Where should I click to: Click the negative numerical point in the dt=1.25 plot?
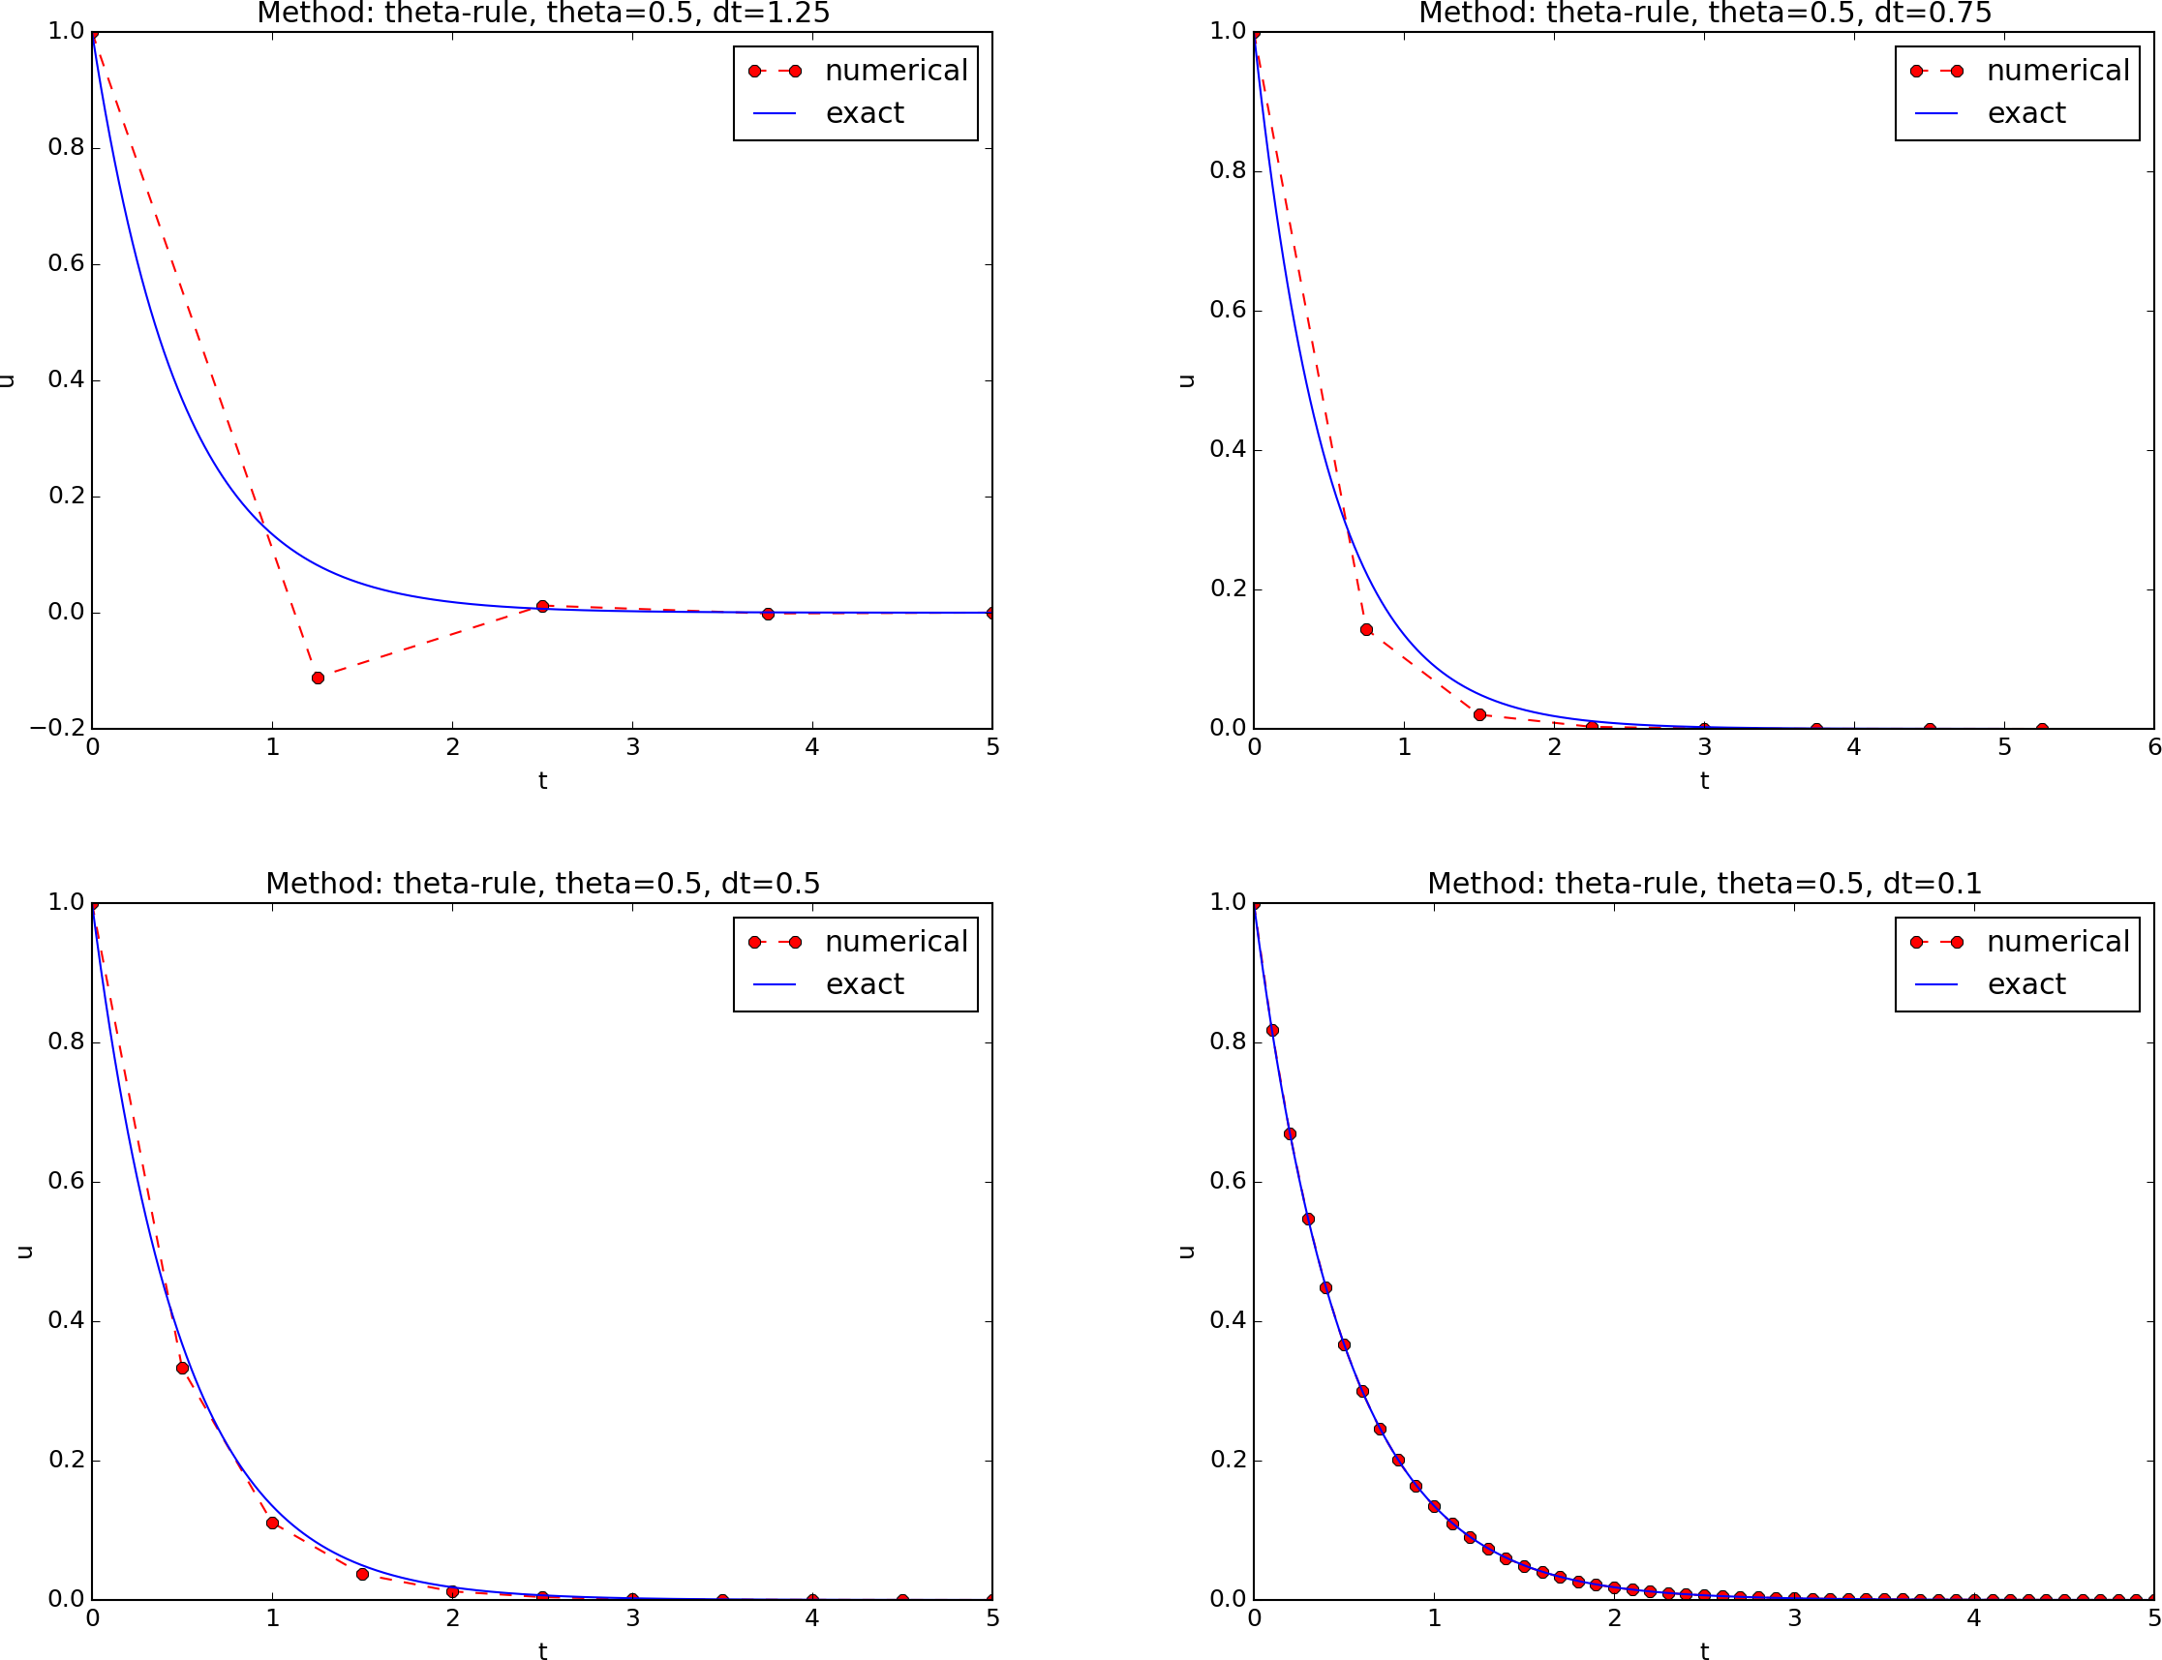[318, 678]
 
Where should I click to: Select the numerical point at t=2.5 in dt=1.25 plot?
[541, 606]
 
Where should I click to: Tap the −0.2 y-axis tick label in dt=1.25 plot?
[57, 728]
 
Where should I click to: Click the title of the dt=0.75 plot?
[1704, 14]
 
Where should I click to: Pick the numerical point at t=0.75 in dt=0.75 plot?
[1366, 629]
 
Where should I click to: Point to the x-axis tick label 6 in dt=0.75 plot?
[2154, 747]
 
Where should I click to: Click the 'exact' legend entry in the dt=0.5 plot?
[864, 984]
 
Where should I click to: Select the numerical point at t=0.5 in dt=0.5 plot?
[182, 1368]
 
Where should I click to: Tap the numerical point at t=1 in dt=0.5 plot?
[272, 1523]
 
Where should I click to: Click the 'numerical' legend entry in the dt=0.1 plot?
[2057, 942]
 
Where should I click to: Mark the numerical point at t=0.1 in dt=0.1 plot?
[1271, 1030]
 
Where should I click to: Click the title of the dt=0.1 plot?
[1704, 884]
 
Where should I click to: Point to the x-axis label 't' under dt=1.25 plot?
[542, 780]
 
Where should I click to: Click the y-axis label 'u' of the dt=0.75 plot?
[1188, 380]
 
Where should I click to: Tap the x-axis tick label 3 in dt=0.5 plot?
[632, 1617]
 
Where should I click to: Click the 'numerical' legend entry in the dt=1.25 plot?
[896, 72]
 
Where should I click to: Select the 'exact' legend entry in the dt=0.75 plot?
[2025, 113]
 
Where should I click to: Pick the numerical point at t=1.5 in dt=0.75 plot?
[1479, 714]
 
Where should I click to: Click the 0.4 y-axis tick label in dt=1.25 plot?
[65, 380]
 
